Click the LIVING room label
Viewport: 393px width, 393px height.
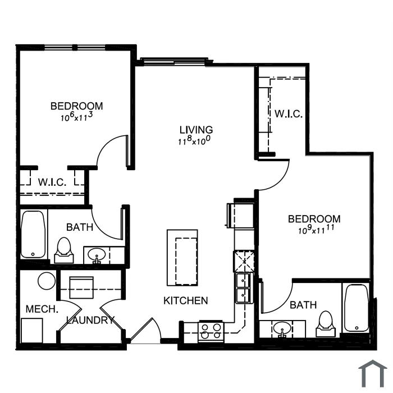[x=196, y=130]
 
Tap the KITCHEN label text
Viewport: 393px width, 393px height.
[x=186, y=300]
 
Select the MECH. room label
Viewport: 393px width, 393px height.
[x=42, y=309]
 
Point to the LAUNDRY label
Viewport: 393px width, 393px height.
[x=90, y=320]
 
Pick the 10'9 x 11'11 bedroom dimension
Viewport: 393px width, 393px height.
[x=316, y=229]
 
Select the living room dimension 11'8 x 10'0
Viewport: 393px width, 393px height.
[x=194, y=140]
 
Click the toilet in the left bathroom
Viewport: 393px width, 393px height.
[x=64, y=250]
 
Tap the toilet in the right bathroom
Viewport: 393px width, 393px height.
[x=326, y=324]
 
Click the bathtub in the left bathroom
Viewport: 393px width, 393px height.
[x=33, y=234]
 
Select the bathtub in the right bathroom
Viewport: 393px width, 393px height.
[x=357, y=308]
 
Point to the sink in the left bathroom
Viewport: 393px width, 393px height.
[x=97, y=255]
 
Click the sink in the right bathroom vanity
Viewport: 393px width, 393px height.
[x=282, y=328]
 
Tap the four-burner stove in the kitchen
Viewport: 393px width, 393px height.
[x=211, y=331]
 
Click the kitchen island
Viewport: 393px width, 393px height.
[x=182, y=258]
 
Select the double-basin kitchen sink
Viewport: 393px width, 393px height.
[x=243, y=288]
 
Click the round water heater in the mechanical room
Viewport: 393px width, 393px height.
[x=47, y=281]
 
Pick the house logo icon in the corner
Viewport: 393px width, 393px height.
[x=373, y=374]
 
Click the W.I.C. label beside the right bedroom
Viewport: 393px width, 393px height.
[x=289, y=114]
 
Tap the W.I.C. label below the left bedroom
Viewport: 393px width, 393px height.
[x=52, y=182]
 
